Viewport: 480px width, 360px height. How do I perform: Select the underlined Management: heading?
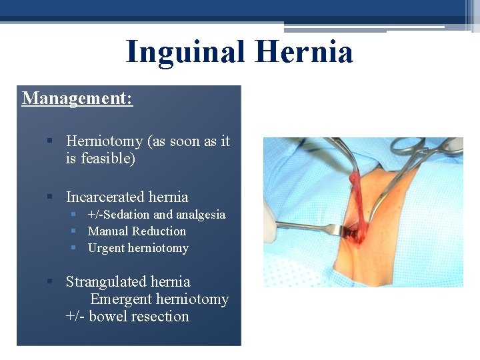coord(77,99)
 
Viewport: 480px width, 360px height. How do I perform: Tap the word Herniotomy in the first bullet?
coord(105,141)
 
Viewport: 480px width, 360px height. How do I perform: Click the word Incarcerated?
coord(106,197)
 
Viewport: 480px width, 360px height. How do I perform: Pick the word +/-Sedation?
coord(119,215)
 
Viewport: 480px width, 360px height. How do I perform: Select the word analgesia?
coord(201,215)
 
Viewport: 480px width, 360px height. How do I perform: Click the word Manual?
coord(108,231)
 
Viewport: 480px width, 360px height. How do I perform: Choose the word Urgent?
coord(107,248)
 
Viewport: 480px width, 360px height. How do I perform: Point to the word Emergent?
coord(121,299)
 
